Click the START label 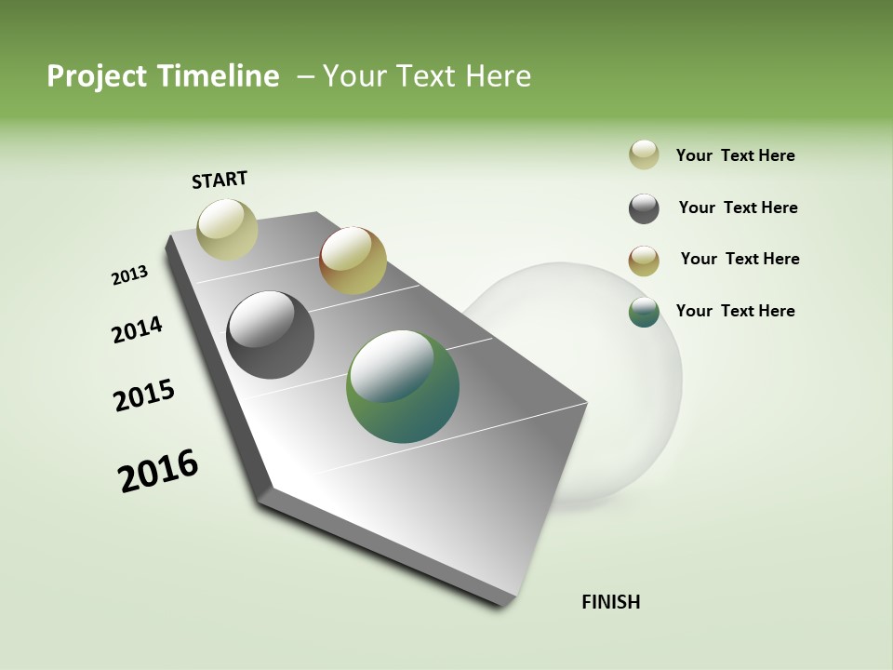[220, 180]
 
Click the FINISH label [610, 602]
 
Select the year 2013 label [129, 275]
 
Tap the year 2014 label [137, 329]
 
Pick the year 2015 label [144, 395]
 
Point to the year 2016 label [158, 471]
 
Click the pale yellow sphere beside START [227, 229]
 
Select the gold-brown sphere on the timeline [353, 260]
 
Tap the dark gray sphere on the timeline [270, 335]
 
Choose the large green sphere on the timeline [403, 386]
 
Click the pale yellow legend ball [644, 155]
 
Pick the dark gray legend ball [644, 208]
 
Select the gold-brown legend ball [644, 261]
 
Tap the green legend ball [644, 313]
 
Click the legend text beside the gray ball [738, 208]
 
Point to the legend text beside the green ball [735, 311]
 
